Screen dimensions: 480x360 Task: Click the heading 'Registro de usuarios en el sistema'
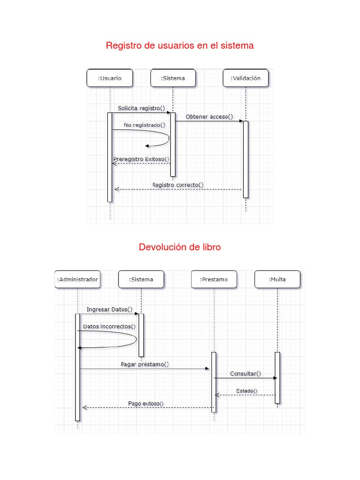(180, 45)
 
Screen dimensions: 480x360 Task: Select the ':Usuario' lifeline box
(110, 78)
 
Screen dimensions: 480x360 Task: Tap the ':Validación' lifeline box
(246, 78)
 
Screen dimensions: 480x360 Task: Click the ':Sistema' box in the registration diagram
(172, 78)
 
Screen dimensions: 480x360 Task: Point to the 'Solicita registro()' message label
(142, 108)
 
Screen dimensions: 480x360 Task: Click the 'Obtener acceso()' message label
(209, 117)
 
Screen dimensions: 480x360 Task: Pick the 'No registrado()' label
(145, 125)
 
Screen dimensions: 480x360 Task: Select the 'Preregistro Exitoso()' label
(141, 159)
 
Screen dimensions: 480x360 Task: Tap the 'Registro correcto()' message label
(178, 185)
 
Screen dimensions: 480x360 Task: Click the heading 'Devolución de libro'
(180, 247)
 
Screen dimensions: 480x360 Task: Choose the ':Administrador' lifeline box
(77, 280)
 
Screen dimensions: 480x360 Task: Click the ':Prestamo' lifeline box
(214, 280)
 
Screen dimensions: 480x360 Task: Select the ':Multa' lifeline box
(277, 280)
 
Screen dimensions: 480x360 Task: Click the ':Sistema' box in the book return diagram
(141, 280)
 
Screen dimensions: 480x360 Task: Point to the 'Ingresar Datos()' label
(109, 309)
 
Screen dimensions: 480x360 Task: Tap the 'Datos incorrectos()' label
(109, 326)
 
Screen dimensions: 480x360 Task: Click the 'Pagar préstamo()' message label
(145, 364)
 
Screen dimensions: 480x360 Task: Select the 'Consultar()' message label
(246, 374)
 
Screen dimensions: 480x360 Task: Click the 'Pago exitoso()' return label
(146, 403)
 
